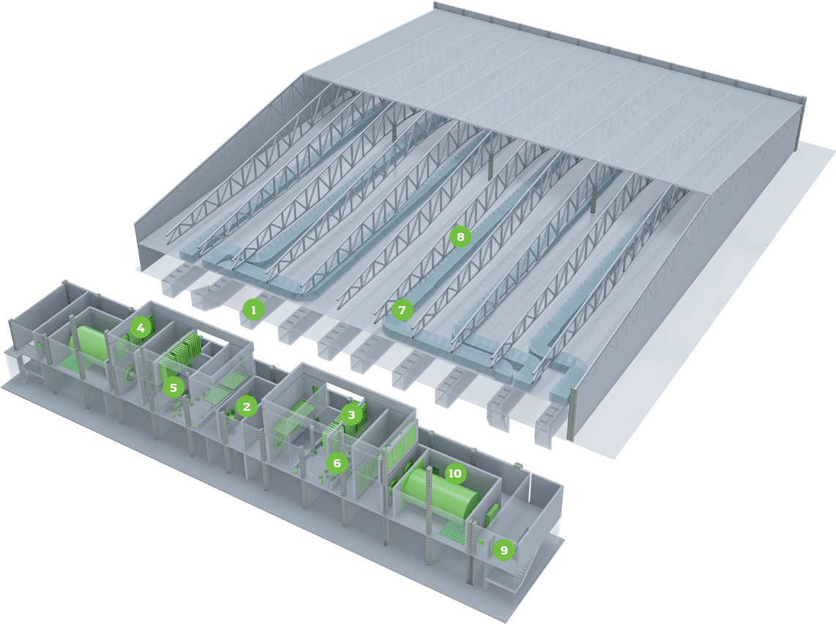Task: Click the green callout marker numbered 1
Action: (253, 309)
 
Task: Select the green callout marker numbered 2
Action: (246, 407)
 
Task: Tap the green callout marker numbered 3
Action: (351, 415)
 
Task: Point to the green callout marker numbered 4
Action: (141, 327)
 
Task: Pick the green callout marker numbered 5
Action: (173, 387)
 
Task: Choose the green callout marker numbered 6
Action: (337, 463)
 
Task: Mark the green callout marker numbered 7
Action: (402, 310)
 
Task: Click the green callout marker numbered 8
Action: (460, 237)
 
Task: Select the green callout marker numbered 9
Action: (504, 549)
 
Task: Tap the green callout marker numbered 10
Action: (455, 474)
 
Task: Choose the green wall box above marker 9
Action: (492, 513)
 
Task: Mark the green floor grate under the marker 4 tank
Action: (67, 363)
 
